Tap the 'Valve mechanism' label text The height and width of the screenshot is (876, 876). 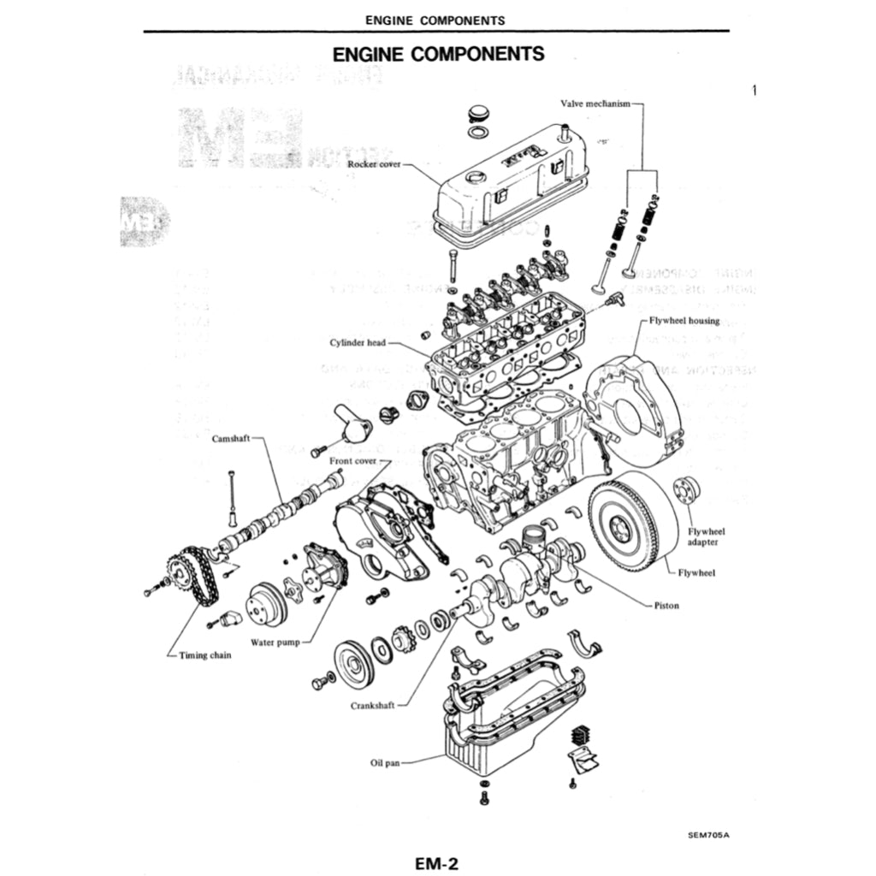(595, 104)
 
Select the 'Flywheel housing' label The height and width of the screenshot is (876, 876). (684, 321)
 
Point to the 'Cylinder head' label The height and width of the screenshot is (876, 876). (358, 343)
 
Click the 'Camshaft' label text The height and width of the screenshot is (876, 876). (230, 438)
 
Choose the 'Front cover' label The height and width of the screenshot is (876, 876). (353, 461)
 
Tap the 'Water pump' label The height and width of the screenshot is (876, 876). (275, 642)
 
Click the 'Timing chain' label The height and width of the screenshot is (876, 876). (204, 655)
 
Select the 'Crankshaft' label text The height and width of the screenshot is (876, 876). (372, 707)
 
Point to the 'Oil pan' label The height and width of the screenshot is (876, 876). (385, 761)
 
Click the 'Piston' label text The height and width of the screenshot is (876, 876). (666, 606)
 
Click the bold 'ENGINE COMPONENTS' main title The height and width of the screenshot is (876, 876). (438, 54)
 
